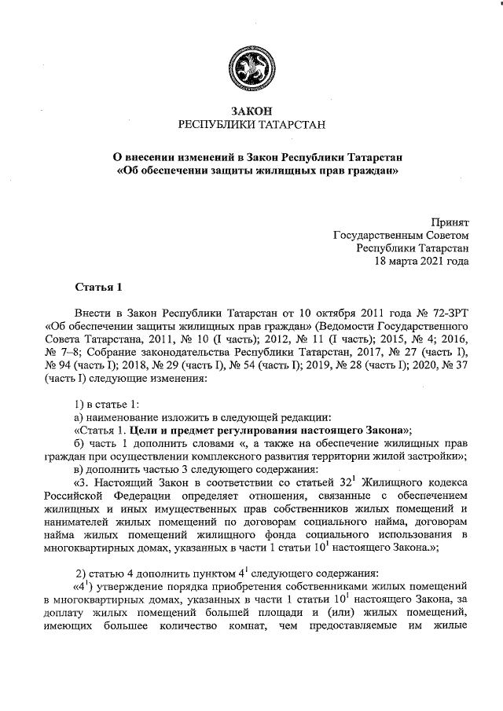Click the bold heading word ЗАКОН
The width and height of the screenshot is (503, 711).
coord(251,112)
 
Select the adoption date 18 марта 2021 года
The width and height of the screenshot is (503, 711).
coord(422,260)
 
